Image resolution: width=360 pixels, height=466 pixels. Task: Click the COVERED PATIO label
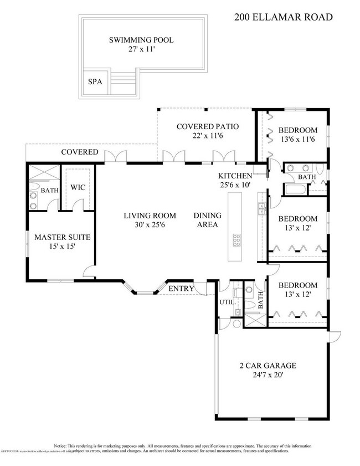pos(207,126)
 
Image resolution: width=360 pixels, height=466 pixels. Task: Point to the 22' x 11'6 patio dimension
pos(207,136)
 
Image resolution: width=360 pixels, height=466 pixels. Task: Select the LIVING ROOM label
pos(150,216)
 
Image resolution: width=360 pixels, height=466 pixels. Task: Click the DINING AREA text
pos(207,220)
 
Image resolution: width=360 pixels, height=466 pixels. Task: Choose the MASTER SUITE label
pos(62,237)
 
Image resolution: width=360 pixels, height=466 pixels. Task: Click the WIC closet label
pos(77,187)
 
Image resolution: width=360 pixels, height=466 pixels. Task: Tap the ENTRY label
pos(181,288)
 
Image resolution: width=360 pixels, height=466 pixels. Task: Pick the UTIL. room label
pos(228,303)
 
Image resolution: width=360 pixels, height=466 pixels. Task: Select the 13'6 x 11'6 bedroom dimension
pos(298,140)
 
